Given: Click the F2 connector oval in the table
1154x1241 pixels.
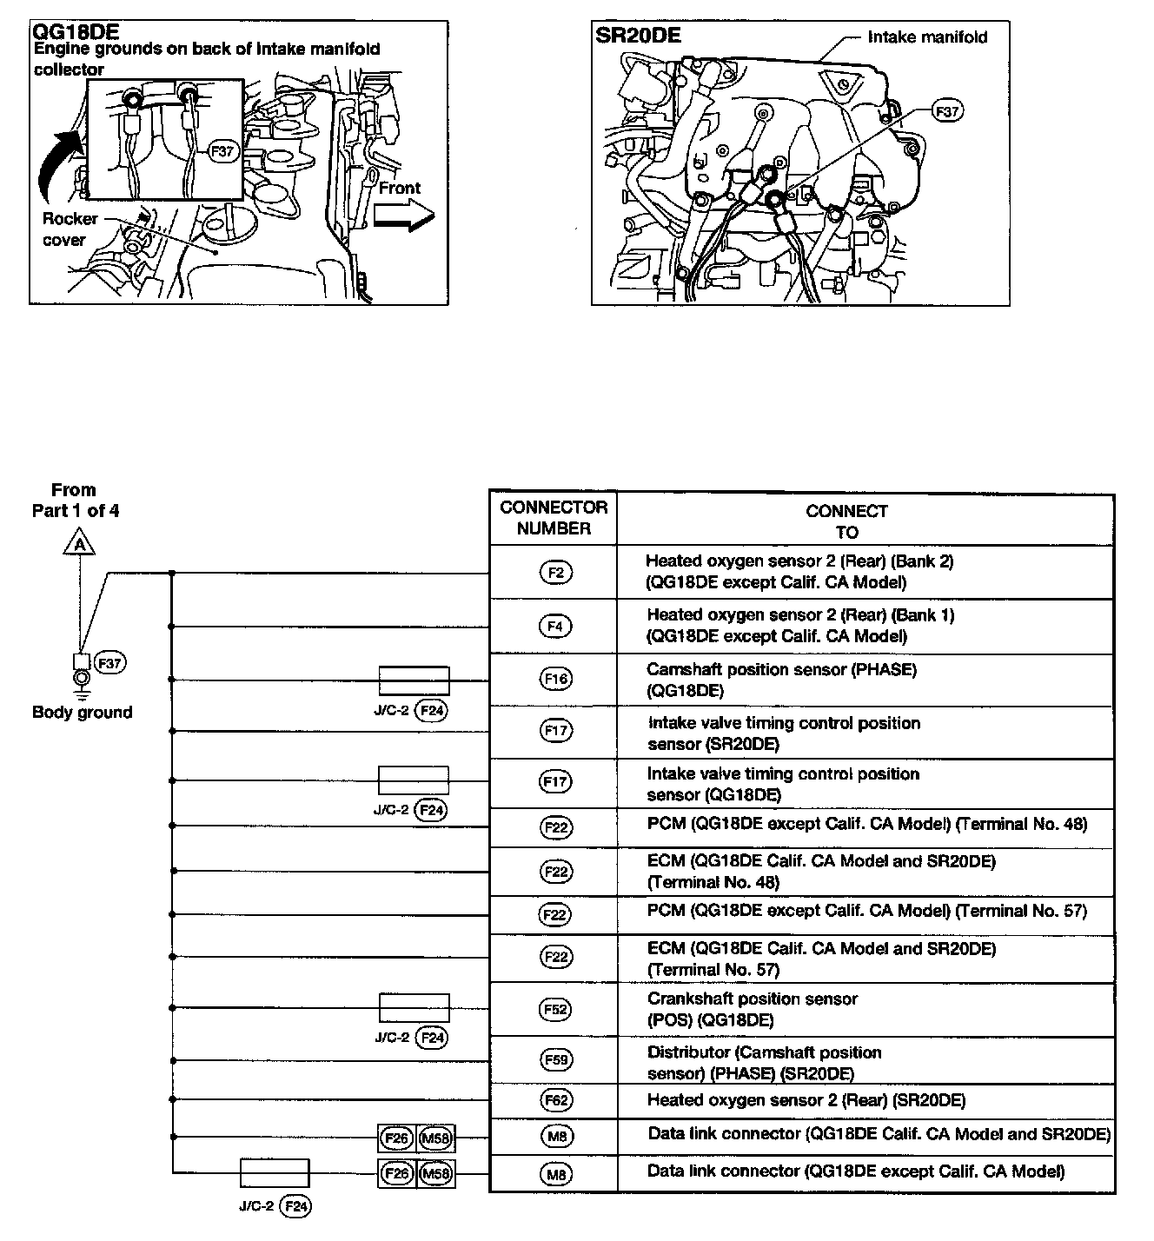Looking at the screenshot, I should coord(555,573).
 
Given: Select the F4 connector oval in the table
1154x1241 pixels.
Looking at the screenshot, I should coord(555,626).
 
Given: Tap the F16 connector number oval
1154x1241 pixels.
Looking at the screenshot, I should coord(555,680).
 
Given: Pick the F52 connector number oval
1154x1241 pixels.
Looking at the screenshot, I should coord(555,1009).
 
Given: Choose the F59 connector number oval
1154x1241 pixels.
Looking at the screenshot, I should coord(555,1060).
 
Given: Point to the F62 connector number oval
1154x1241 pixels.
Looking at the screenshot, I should coord(555,1100).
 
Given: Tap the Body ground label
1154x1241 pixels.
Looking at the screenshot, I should coord(82,713).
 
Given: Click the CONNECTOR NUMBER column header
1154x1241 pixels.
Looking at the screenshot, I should coord(554,518).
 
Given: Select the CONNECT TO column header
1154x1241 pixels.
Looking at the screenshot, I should coord(846,521).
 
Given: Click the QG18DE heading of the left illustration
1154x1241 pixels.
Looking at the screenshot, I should coord(75,32).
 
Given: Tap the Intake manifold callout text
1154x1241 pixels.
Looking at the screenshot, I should coord(927,37).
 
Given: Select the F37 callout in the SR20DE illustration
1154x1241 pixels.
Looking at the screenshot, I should coord(946,111).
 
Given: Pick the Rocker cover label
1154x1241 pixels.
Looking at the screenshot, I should coord(70,229).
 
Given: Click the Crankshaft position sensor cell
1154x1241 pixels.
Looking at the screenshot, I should coord(753,1009).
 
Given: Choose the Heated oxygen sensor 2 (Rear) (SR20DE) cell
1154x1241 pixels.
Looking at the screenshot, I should coord(806,1100).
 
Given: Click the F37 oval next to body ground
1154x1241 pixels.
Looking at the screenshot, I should coord(110,663).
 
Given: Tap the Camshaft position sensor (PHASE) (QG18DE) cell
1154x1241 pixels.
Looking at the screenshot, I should coord(781,680).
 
